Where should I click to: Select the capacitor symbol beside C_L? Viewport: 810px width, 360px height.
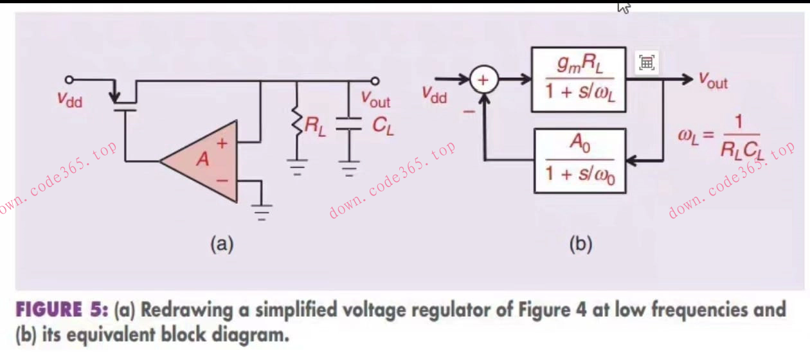(349, 127)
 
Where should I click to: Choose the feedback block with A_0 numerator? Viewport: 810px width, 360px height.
(579, 161)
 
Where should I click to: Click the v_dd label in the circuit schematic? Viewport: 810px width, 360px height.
(70, 100)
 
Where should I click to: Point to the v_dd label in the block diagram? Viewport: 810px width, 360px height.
(435, 95)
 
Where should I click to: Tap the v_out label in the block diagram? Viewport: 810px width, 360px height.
(713, 82)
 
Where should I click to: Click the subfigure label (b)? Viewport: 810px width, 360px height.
(580, 244)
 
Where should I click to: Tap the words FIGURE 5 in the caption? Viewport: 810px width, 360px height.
(59, 310)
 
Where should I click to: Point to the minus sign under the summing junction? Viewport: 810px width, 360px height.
(469, 111)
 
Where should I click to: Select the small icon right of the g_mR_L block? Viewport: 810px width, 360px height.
(647, 62)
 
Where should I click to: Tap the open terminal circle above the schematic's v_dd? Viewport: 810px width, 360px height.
(69, 80)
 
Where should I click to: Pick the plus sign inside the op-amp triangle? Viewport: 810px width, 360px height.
(222, 144)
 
